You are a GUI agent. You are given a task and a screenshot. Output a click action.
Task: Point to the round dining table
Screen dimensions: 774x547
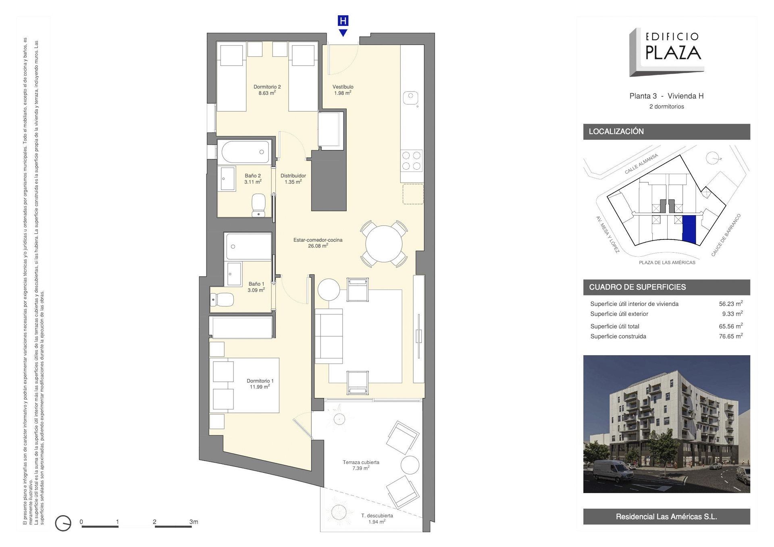coord(384,243)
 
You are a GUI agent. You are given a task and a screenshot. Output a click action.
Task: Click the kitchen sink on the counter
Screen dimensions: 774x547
coord(410,98)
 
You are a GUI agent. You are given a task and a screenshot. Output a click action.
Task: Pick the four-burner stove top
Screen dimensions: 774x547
coord(411,160)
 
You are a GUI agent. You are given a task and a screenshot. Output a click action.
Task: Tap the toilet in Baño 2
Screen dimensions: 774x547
coord(258,205)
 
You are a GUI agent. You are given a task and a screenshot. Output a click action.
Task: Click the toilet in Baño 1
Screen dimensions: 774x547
coord(222,299)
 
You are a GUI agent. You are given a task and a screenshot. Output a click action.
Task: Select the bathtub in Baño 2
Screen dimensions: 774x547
coord(245,152)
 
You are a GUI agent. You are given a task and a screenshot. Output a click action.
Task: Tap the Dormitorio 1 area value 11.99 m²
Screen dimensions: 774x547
coord(260,387)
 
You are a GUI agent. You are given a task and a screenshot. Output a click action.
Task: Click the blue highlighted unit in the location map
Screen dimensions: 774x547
coord(689,229)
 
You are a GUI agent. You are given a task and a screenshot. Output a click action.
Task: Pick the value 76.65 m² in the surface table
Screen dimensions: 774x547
coord(731,336)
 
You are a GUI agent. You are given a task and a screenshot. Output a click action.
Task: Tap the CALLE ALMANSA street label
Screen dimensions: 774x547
coord(641,164)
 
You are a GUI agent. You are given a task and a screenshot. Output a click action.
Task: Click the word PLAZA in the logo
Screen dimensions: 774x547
coord(673,53)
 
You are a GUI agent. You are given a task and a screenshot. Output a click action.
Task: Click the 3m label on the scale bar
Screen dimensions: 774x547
coord(193,522)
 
